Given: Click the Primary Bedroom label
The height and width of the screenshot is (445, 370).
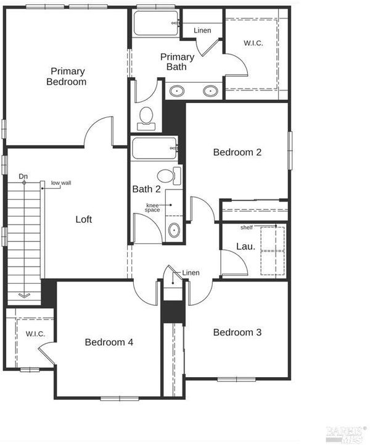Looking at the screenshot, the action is (x=67, y=77).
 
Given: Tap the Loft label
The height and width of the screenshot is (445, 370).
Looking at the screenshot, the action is (x=84, y=219).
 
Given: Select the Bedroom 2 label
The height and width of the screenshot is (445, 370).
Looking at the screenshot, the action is (x=237, y=152).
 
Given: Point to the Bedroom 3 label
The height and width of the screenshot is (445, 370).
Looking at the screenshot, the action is (x=237, y=332).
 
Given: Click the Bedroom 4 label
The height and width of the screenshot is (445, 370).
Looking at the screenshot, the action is (x=109, y=342).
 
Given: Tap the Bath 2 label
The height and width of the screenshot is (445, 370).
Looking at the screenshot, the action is (x=146, y=189).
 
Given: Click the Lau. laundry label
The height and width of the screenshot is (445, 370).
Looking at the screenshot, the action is (x=245, y=246).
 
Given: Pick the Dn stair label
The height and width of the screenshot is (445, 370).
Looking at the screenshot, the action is (x=23, y=177).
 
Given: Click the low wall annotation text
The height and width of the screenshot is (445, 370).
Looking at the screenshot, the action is (x=61, y=183).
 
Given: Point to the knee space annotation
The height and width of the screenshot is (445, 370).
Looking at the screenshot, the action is (x=152, y=207).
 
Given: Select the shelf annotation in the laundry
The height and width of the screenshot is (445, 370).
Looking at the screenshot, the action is (x=247, y=227).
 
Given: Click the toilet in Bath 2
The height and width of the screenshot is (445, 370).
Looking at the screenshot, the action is (x=169, y=176).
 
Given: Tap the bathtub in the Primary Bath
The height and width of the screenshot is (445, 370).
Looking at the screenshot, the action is (x=156, y=23).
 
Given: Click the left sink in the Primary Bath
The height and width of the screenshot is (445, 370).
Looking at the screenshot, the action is (x=177, y=91).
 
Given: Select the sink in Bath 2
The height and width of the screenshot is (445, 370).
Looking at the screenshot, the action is (x=174, y=230).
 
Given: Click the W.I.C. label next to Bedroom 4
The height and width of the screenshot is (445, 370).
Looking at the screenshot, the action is (x=35, y=334).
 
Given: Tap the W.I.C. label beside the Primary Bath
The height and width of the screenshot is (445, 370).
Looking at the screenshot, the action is (x=253, y=43).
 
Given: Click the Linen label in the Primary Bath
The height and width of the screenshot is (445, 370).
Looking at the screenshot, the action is (x=202, y=30).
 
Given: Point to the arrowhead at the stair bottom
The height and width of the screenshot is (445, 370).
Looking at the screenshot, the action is (x=24, y=296).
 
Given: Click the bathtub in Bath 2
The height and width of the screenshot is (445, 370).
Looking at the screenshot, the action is (x=155, y=148).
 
